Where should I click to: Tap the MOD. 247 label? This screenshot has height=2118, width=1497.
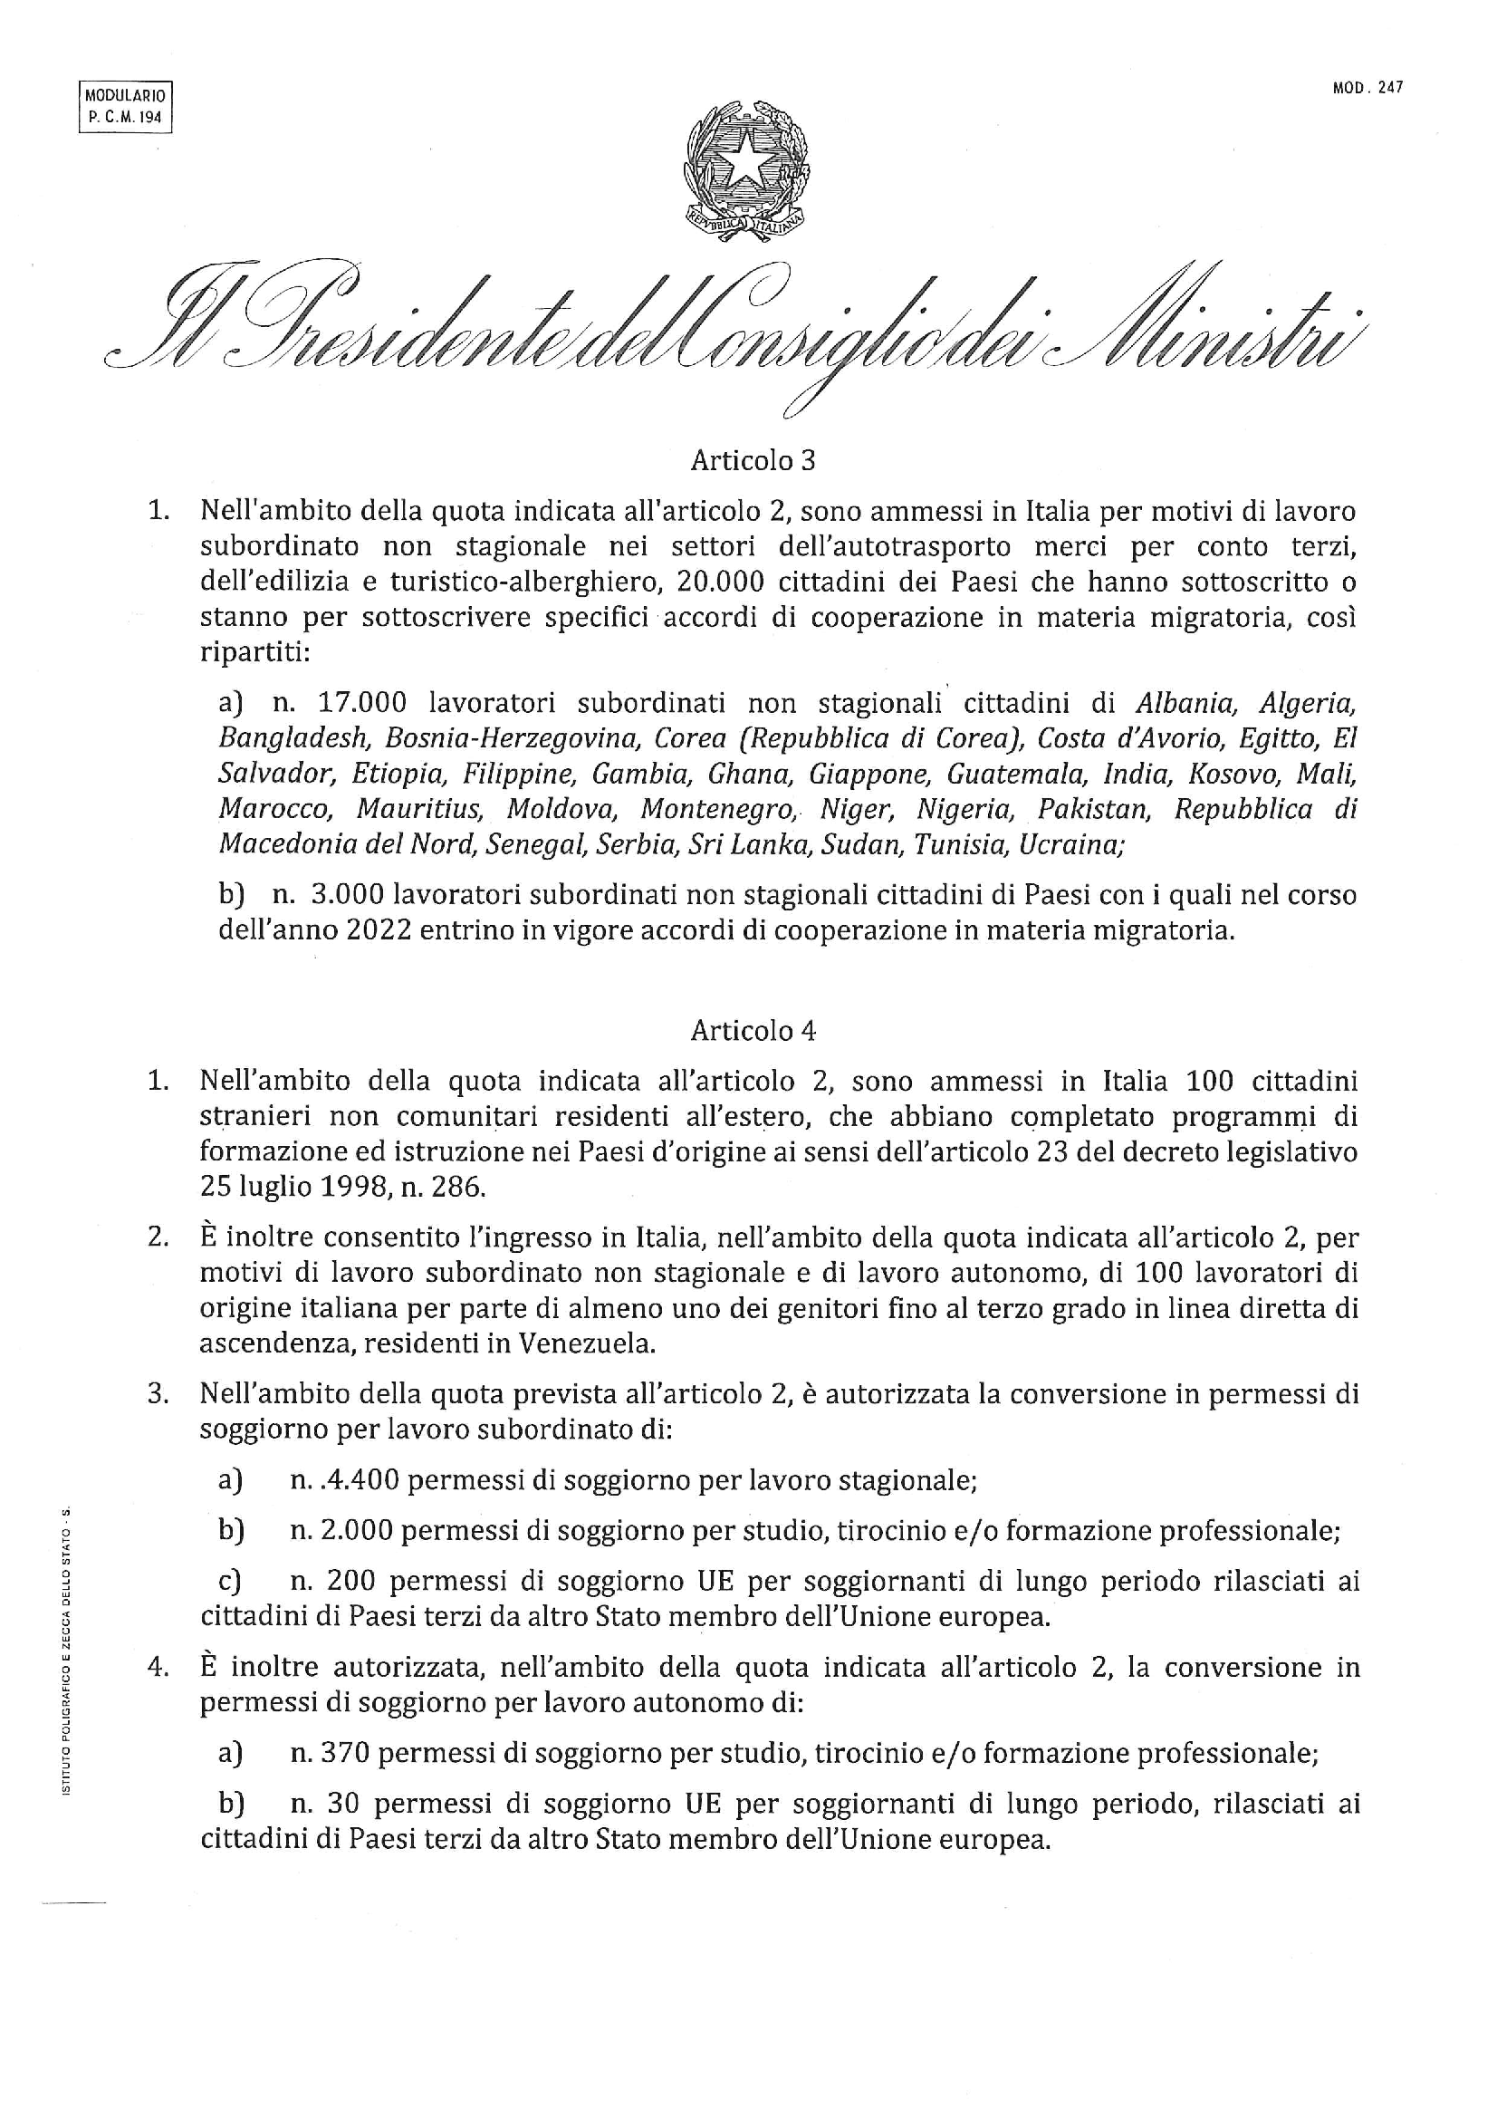point(1367,88)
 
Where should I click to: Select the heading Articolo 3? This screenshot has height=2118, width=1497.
point(753,460)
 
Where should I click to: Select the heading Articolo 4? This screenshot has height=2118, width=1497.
point(753,1029)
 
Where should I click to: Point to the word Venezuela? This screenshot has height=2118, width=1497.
point(586,1343)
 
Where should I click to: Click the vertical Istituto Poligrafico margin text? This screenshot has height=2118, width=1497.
point(65,1651)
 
